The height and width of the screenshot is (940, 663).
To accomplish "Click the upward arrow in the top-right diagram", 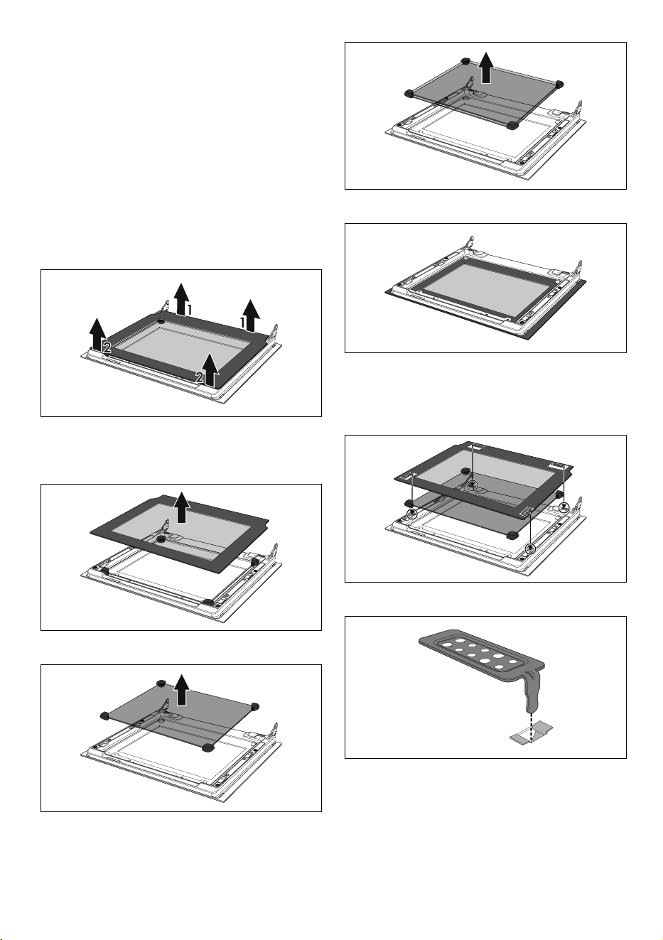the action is coord(486,67).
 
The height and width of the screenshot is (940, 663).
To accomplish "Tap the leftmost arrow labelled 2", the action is coord(97,335).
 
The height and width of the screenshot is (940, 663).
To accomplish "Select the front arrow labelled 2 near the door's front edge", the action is coord(210,369).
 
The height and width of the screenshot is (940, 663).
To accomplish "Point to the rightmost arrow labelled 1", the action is coord(252,315).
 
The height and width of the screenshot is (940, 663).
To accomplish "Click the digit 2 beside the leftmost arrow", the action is coord(107,347).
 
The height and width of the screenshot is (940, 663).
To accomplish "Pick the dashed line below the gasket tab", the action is coord(532,728).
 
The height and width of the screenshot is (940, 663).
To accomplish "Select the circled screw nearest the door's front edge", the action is coord(531,548).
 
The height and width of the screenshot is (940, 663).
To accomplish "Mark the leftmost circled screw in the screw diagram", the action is coord(412,514).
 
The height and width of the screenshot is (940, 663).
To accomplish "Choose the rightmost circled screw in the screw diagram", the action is coord(564,507).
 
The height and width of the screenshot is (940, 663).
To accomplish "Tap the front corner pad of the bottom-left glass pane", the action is coord(207,747).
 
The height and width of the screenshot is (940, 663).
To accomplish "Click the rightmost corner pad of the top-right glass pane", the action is coord(559,84).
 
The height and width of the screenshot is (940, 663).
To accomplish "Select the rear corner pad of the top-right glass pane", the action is coord(465,61).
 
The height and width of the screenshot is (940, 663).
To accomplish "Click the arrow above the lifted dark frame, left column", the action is coord(181,508).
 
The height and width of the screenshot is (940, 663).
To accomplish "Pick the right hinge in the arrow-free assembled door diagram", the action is coord(579,269).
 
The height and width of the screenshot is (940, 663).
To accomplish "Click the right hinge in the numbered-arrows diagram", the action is coord(275,333).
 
